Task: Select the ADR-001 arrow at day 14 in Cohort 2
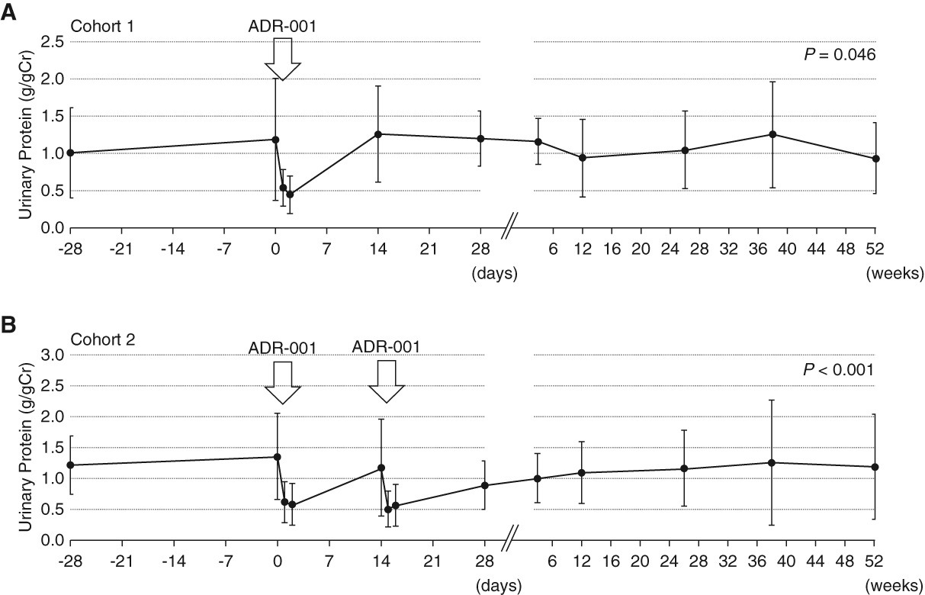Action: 387,381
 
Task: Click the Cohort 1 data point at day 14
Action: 378,134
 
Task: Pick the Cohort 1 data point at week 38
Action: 772,134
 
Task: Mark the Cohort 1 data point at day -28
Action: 70,153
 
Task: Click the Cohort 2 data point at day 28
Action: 484,485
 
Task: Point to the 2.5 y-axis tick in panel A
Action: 51,42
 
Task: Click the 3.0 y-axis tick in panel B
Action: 51,355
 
